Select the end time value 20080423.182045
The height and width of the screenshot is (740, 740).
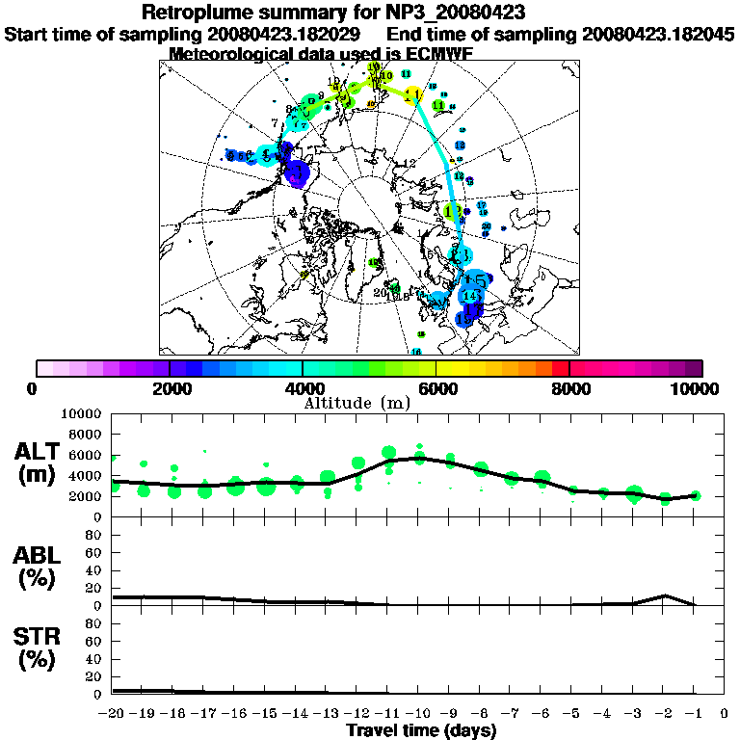coord(658,34)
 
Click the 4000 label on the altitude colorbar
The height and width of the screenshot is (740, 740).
coord(303,388)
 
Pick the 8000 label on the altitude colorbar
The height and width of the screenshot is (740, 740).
coord(569,388)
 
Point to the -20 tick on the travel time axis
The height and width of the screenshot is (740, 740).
coord(113,713)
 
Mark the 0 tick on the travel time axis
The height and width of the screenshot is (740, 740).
coord(725,713)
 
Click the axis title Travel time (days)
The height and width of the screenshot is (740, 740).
coord(421,730)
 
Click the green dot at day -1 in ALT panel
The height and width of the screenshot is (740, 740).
coord(695,496)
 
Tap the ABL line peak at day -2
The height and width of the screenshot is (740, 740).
coord(664,595)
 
